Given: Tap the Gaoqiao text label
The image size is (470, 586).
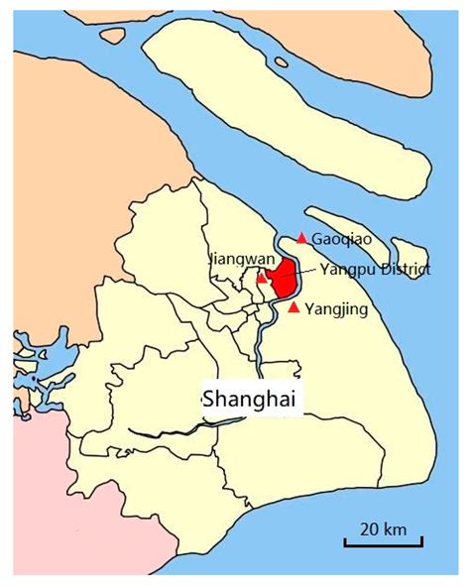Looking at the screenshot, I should click(341, 240).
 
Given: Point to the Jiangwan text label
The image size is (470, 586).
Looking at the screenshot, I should click(240, 260).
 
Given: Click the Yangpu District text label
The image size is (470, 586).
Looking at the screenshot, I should click(375, 269).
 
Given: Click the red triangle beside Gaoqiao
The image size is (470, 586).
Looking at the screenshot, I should click(301, 239).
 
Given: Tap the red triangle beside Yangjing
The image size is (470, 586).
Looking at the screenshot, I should click(294, 307).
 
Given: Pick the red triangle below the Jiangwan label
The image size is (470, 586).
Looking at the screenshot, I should click(261, 279).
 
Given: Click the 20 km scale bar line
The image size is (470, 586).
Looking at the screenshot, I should click(383, 541).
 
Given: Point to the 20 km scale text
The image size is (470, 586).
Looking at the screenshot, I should click(384, 527).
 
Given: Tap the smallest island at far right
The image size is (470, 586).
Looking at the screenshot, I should click(408, 256).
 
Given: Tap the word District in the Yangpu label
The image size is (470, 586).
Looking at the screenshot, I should click(405, 269).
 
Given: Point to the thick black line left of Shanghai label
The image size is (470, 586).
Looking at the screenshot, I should click(169, 431).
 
